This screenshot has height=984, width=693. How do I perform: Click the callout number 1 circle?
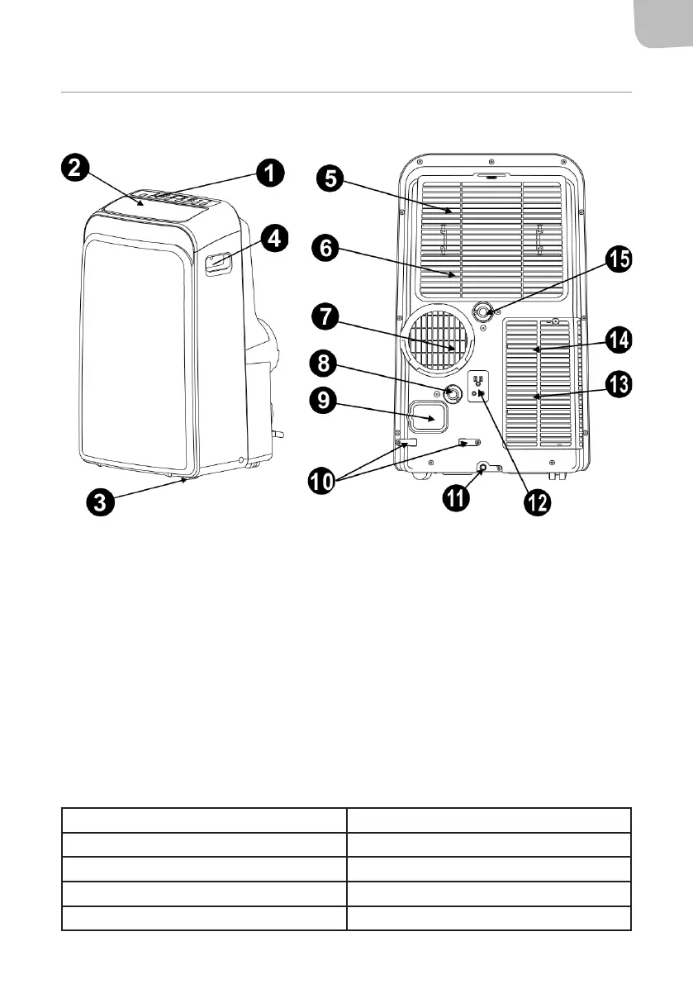tap(269, 173)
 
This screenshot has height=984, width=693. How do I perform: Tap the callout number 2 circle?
tap(75, 169)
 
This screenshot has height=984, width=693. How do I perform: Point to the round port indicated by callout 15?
tap(482, 311)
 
